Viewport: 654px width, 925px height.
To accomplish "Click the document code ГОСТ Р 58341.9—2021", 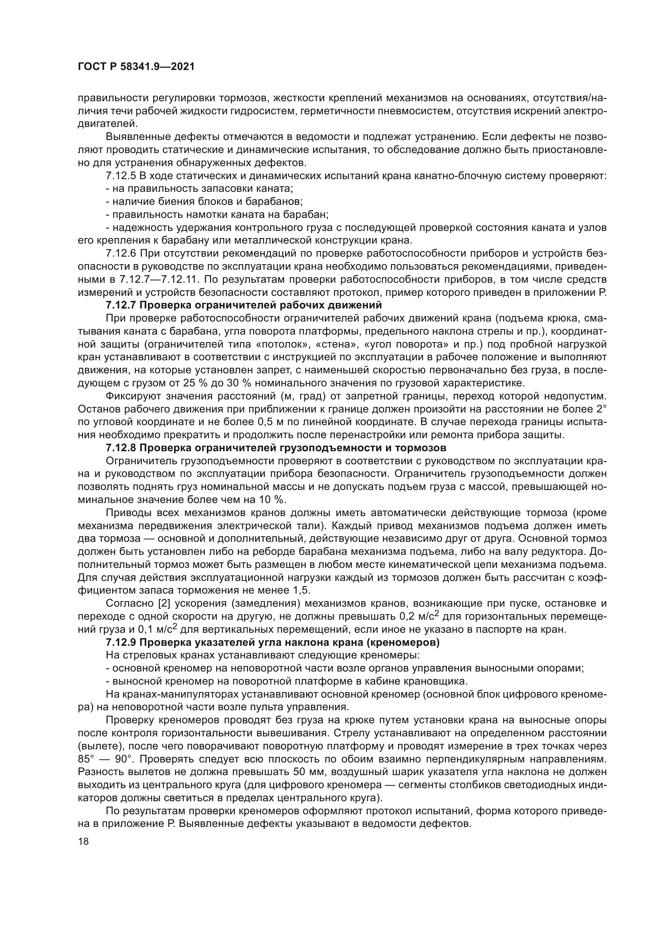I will click(x=136, y=67).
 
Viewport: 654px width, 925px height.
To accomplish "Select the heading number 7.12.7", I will click(x=121, y=305).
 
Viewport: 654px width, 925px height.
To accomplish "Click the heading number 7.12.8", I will click(x=121, y=448).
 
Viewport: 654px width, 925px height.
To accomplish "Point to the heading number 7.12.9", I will click(x=121, y=643).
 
